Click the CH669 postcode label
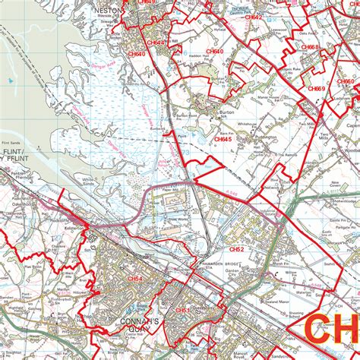tap(315, 89)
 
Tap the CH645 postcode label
tap(222, 140)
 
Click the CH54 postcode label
tap(134, 279)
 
